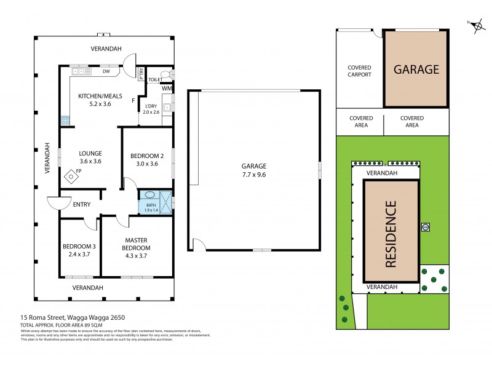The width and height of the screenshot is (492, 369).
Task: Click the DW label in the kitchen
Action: coord(106,71)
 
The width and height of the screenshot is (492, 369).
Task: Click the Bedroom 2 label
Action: coord(146,156)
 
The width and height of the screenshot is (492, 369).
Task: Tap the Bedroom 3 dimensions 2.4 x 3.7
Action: coord(76,254)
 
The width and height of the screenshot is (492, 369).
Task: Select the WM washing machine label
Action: coord(167,89)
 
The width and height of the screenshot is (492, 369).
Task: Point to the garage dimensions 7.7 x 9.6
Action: coord(253,175)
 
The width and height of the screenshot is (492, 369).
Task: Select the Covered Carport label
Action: coord(359,71)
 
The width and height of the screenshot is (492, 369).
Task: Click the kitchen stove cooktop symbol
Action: coord(65,121)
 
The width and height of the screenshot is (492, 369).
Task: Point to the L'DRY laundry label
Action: coord(151,105)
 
